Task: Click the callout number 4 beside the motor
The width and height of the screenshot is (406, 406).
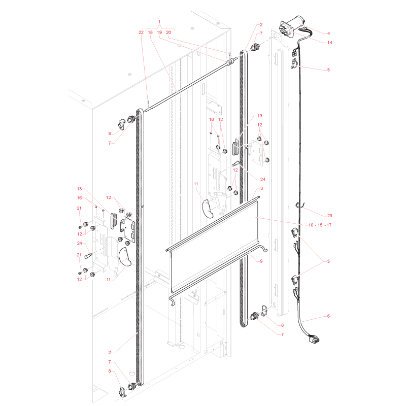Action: (328, 33)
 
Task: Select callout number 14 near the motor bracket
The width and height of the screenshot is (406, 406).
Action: (329, 43)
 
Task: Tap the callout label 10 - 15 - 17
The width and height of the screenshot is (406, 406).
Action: (320, 225)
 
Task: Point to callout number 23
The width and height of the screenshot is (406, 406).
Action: (329, 216)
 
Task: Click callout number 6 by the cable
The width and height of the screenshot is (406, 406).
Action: (328, 316)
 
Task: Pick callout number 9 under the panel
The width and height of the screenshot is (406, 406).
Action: (261, 261)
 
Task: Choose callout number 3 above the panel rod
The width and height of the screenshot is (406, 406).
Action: (261, 188)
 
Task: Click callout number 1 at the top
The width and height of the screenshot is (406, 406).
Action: (159, 22)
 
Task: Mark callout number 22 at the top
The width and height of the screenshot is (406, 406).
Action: (141, 32)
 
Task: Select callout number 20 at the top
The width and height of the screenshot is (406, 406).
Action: (168, 32)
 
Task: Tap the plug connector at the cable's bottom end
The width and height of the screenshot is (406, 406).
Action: (314, 339)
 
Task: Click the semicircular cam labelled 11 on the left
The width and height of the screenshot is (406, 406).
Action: (125, 257)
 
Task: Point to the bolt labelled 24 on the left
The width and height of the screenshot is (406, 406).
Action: (88, 256)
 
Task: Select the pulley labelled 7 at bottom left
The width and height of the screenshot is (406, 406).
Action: (132, 386)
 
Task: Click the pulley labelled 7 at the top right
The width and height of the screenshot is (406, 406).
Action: (255, 47)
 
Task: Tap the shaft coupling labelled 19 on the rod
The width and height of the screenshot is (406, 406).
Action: (230, 62)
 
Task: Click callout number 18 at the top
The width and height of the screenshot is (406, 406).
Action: (150, 32)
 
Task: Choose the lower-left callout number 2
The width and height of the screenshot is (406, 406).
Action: (110, 352)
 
